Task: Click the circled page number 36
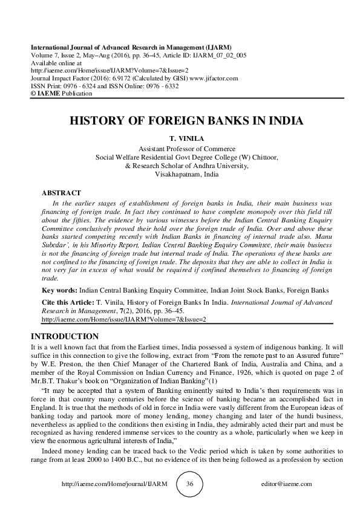(x=189, y=485)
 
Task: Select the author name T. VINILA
(x=180, y=138)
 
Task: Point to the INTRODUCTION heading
(x=60, y=336)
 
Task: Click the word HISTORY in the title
(x=99, y=120)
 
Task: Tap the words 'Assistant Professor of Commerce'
(x=180, y=148)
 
